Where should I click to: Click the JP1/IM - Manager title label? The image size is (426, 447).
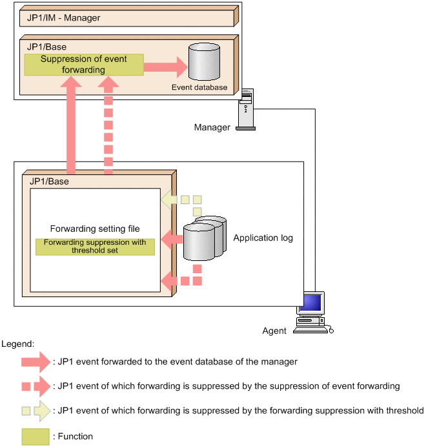(63, 18)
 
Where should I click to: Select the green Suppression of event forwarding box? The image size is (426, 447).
(83, 65)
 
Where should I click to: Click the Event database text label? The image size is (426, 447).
(199, 87)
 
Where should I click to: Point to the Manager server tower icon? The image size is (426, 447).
(246, 110)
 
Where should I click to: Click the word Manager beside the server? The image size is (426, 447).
(212, 127)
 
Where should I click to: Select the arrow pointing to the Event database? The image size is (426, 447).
(165, 65)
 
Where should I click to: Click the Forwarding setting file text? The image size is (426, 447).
(95, 229)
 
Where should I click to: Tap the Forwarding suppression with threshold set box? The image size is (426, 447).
(95, 247)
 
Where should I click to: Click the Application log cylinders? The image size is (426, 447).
(204, 238)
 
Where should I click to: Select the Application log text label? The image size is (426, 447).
(263, 238)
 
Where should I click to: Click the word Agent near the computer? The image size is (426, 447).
(274, 331)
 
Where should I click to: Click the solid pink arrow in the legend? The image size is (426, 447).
(36, 362)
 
